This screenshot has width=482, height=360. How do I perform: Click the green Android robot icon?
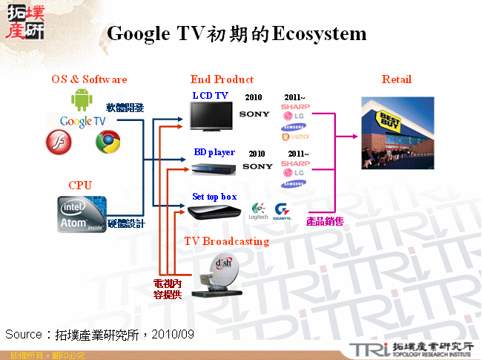(80, 100)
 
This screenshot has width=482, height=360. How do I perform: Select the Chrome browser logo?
(108, 142)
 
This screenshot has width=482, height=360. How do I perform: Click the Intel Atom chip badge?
(82, 213)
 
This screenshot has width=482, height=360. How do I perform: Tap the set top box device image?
(215, 212)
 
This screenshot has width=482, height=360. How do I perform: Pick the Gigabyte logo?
(283, 210)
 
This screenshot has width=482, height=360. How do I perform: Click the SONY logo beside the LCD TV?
(254, 114)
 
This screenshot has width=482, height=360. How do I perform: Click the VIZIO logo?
(294, 137)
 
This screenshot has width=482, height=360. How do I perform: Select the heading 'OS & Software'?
(89, 79)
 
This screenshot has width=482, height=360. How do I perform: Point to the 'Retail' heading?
(396, 79)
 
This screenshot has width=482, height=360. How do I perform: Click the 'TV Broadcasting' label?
(226, 241)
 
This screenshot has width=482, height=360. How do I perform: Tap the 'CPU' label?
(80, 185)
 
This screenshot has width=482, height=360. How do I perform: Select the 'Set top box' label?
(214, 197)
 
